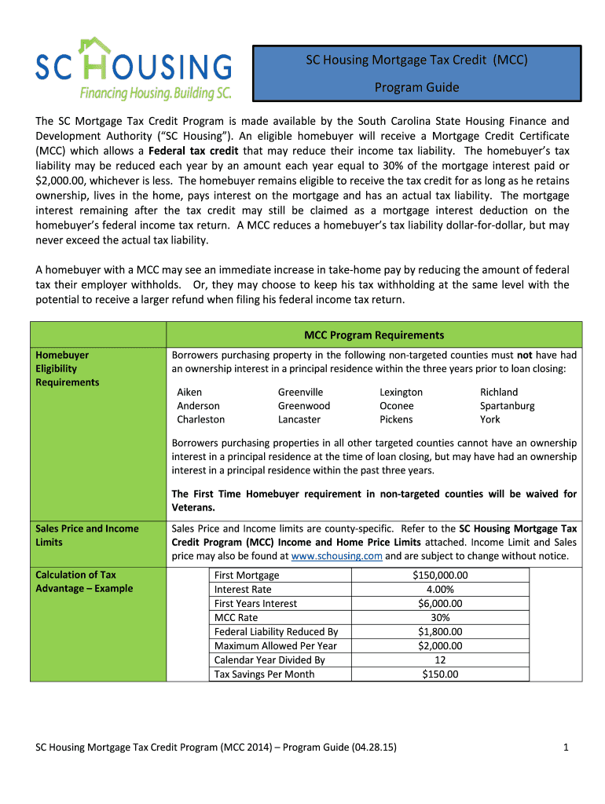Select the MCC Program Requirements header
374,335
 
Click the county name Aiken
189,392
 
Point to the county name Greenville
300,392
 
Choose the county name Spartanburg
507,406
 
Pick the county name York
489,419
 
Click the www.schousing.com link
336,556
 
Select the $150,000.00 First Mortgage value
439,576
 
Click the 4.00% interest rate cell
439,590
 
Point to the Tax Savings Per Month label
264,674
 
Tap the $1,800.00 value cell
439,632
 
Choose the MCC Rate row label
236,618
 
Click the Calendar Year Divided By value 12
439,660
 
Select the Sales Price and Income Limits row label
86,535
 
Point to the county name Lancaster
299,419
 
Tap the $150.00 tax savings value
439,674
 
